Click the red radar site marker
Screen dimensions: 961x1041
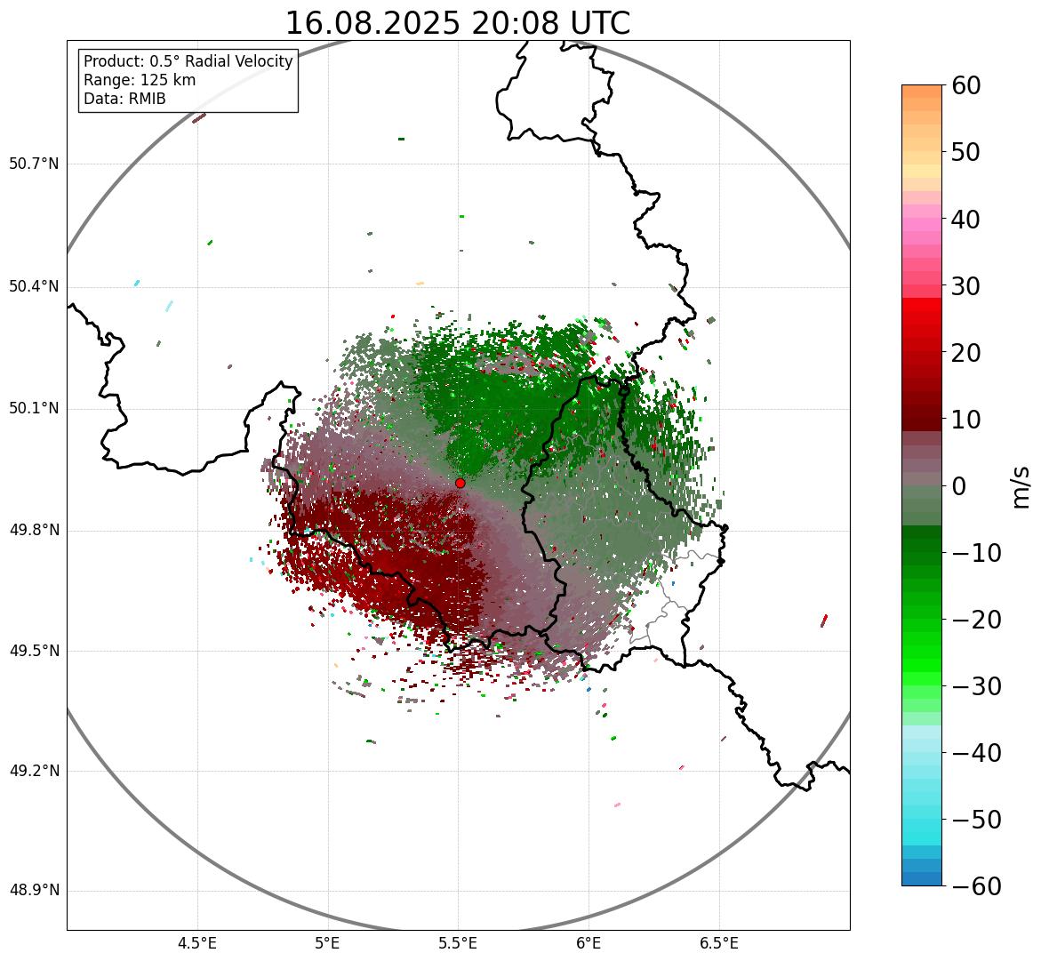(x=460, y=483)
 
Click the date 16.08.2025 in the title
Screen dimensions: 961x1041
(x=372, y=23)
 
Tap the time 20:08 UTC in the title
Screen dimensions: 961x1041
(x=550, y=23)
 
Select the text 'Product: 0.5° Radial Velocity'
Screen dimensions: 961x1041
(x=188, y=61)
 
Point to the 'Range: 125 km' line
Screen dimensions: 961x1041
(x=140, y=80)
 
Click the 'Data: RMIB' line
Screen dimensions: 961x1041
(x=124, y=99)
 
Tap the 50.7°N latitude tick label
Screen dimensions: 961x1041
(x=34, y=164)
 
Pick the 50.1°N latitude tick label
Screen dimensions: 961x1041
(x=34, y=409)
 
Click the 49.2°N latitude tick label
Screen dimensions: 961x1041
(x=34, y=771)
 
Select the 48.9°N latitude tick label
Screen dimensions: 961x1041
(x=34, y=891)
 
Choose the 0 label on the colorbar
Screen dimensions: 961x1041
(x=958, y=486)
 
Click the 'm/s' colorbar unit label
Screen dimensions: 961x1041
(x=1021, y=486)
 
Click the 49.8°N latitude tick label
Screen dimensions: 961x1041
(x=34, y=531)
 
